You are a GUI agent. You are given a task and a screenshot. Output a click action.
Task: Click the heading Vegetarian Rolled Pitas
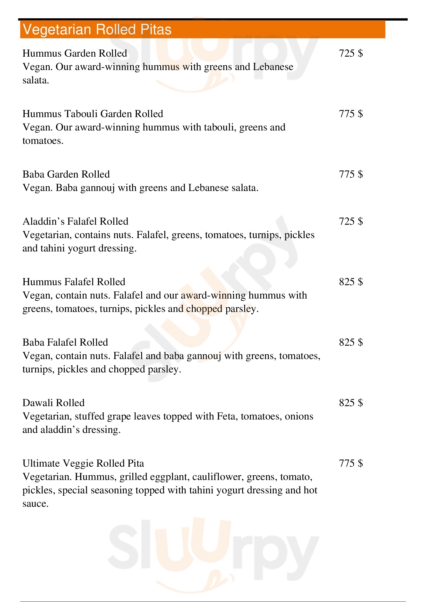tap(97, 29)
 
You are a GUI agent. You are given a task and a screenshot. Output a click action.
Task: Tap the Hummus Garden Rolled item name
tap(75, 53)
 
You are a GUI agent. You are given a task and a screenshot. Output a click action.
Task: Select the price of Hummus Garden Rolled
tap(351, 53)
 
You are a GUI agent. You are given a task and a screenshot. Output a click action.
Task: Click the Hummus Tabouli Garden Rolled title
tap(93, 114)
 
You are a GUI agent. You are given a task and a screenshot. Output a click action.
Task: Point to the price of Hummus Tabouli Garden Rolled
tap(351, 114)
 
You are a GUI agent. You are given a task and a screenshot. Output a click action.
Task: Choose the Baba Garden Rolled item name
tap(66, 174)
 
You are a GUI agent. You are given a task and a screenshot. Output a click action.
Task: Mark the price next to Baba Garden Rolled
tap(351, 174)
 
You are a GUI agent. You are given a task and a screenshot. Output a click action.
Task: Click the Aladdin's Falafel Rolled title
tap(75, 221)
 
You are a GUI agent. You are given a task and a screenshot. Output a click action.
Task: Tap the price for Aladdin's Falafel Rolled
tap(351, 221)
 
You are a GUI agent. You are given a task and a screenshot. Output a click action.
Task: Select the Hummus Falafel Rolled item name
tap(74, 282)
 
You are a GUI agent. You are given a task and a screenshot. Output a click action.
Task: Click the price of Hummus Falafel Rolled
tap(351, 282)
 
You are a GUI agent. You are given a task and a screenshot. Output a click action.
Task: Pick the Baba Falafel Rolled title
tap(65, 342)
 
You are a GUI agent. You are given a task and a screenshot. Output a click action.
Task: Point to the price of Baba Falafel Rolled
tap(351, 342)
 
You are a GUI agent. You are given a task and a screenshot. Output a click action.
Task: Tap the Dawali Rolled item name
tap(54, 403)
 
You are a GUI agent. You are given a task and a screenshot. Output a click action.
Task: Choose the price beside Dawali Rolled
tap(351, 403)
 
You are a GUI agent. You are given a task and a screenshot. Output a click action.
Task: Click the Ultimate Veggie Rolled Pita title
tap(83, 463)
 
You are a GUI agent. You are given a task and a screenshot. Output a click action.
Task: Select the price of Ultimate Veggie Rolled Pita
tap(351, 463)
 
